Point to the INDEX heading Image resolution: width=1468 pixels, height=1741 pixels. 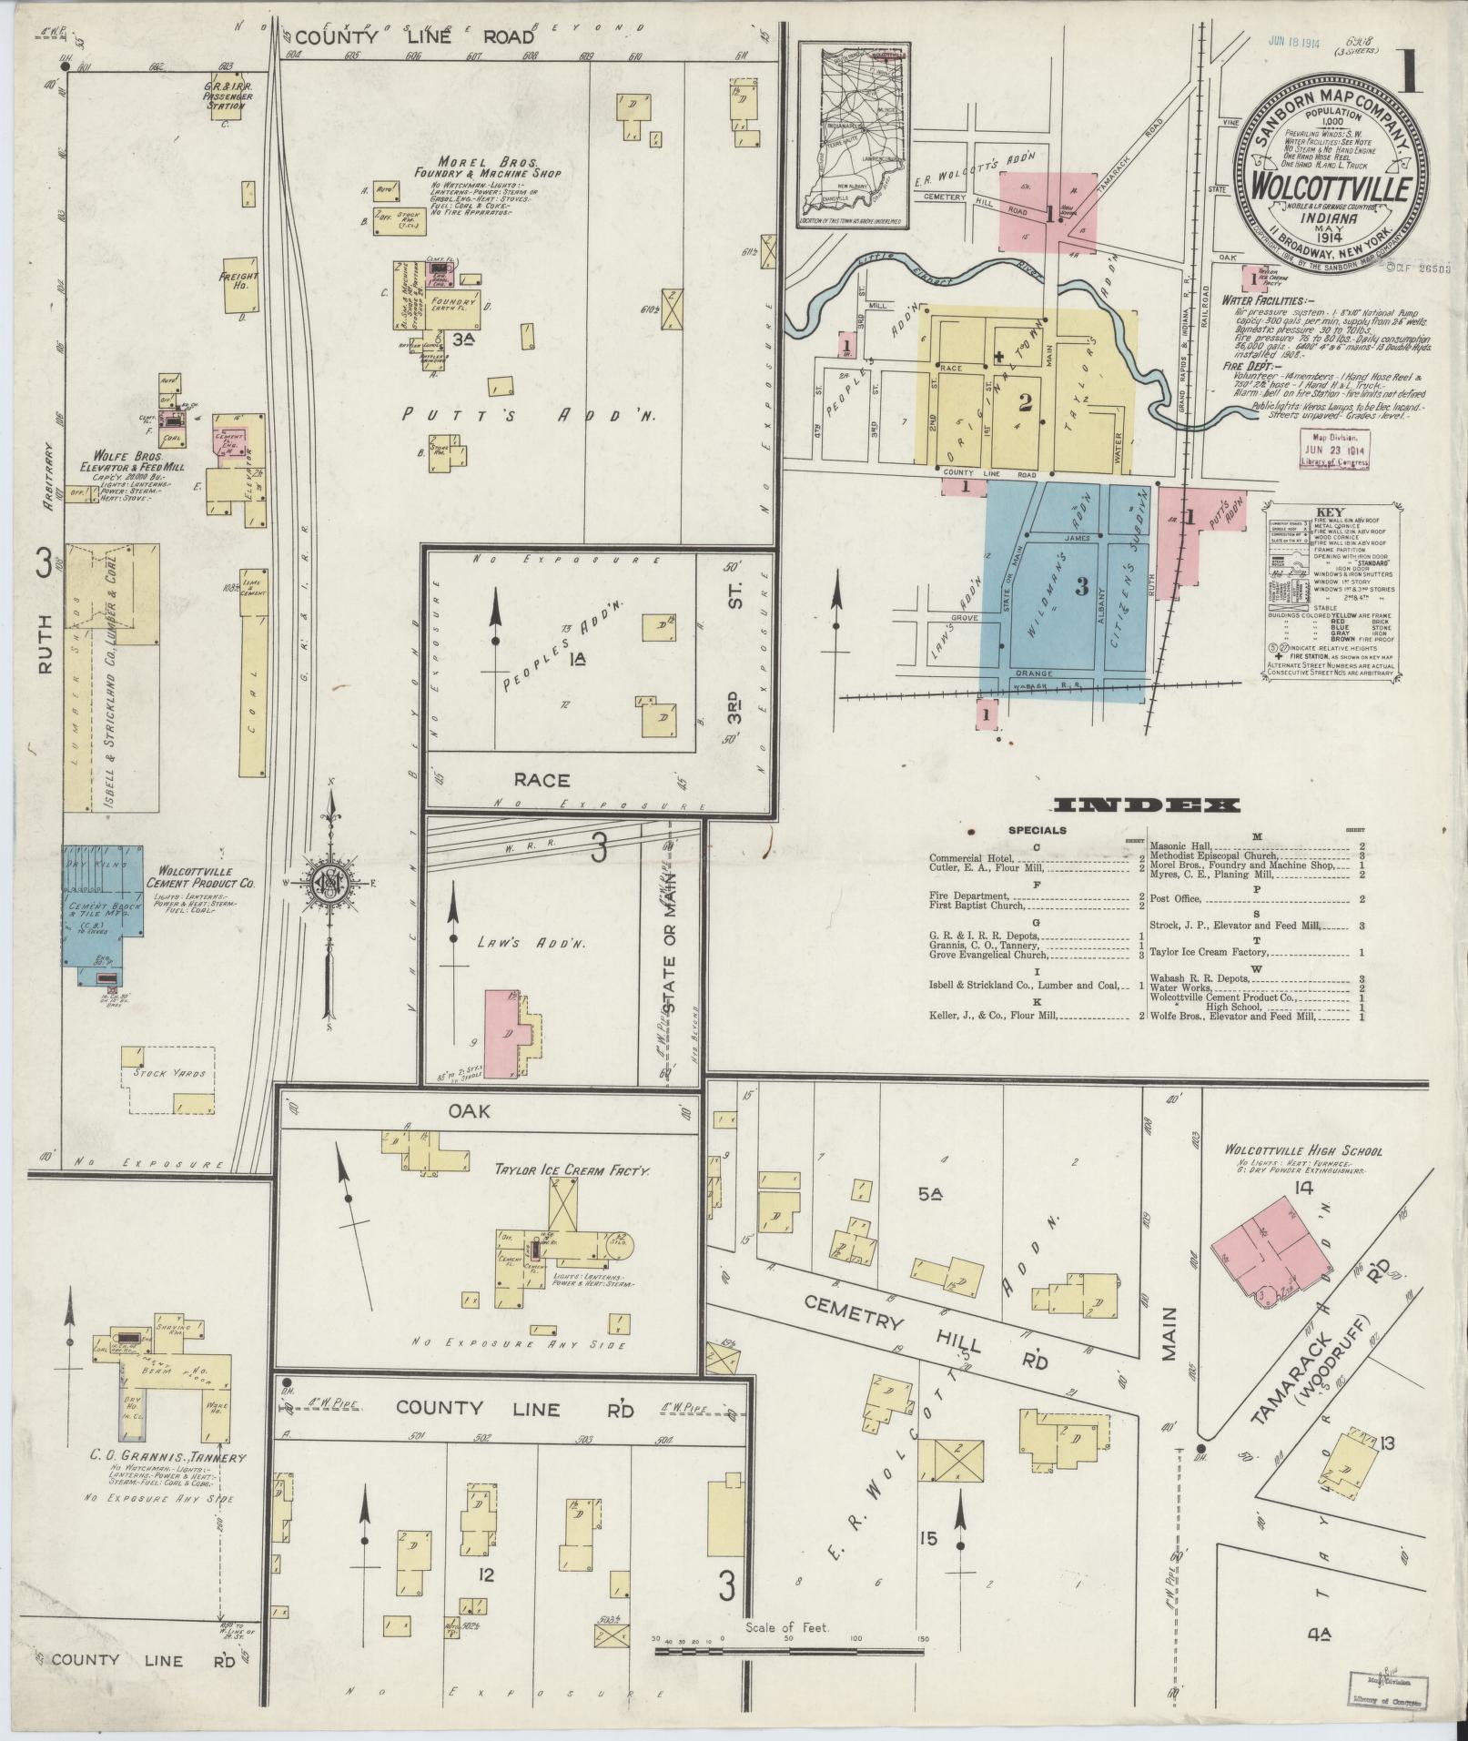1146,805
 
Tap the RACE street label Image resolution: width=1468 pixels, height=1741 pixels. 542,780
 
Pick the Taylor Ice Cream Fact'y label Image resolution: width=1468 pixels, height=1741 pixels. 572,1170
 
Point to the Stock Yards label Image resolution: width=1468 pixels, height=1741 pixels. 169,1073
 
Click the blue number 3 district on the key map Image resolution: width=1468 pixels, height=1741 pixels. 1081,587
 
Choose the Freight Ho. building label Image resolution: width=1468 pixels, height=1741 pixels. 245,281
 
